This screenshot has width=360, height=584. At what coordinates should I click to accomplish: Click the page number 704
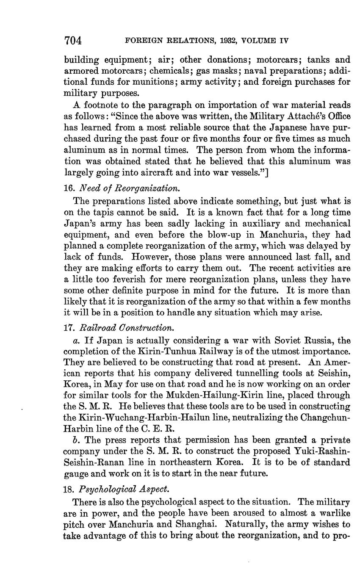click(x=72, y=41)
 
